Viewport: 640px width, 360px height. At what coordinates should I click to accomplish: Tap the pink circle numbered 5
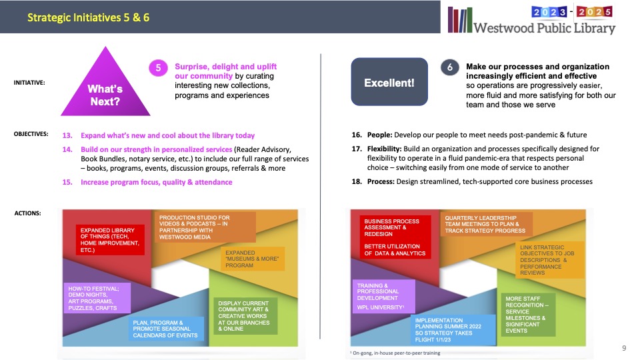(158, 68)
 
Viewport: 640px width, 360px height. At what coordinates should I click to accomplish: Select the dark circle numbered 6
(450, 67)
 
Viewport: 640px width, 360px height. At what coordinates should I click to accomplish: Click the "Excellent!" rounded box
(389, 82)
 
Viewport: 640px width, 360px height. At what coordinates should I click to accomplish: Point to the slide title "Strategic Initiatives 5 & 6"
(88, 17)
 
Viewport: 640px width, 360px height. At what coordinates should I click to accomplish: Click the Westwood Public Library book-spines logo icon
(460, 19)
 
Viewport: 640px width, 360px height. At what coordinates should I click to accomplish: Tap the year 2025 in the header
(594, 12)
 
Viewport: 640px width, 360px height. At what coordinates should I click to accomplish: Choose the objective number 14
(67, 149)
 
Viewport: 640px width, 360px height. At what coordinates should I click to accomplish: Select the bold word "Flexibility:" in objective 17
(384, 149)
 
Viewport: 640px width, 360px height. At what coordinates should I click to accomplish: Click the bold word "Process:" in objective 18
(381, 181)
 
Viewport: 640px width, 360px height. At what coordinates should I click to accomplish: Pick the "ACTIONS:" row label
(27, 213)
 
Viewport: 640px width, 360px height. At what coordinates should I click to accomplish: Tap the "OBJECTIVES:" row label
(31, 134)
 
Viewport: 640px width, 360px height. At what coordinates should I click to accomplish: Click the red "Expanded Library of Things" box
(110, 240)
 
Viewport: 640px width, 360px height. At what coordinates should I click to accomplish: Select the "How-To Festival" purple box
(97, 298)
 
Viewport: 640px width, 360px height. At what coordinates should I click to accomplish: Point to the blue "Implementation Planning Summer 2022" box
(453, 330)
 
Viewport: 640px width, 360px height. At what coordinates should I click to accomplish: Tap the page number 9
(624, 348)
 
